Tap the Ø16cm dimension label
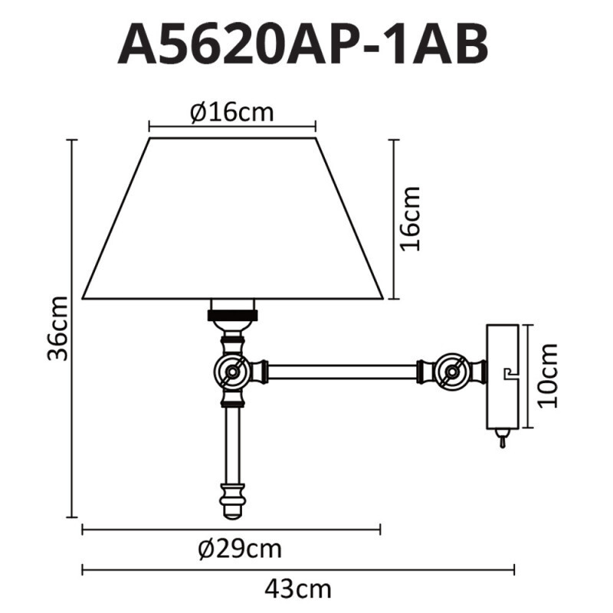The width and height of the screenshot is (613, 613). pos(231,113)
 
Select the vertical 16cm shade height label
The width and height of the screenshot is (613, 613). pos(411,218)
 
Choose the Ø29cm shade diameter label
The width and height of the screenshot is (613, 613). pos(238,549)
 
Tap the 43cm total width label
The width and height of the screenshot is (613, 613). pos(298,589)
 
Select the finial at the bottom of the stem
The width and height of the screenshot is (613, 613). pos(232,501)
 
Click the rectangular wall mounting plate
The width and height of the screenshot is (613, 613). pos(503,375)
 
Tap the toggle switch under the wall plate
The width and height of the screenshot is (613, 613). pos(502,440)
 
